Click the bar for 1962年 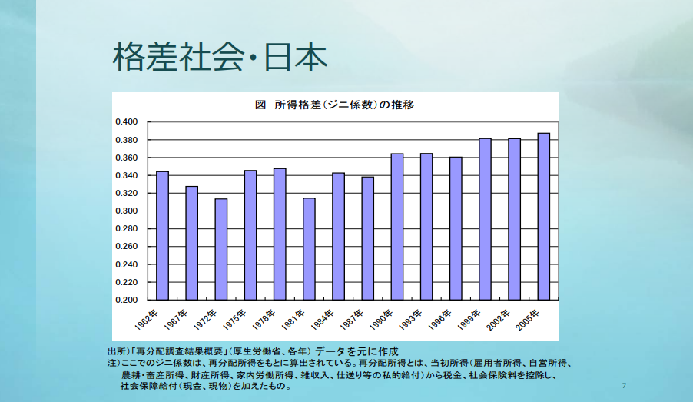(163, 236)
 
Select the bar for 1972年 (221, 250)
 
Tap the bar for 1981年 (309, 249)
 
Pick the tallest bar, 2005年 (544, 217)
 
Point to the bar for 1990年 (397, 227)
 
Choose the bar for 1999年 (486, 219)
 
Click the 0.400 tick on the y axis (127, 121)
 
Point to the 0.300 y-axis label (127, 211)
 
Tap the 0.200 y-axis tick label (127, 300)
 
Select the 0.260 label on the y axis (127, 246)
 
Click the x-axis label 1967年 (175, 320)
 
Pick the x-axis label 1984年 (322, 320)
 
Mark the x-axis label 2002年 (498, 320)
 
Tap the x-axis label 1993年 (410, 320)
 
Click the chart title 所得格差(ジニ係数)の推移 (344, 105)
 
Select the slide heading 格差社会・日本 (220, 57)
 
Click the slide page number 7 (624, 386)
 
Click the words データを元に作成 (356, 351)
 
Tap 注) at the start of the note (114, 363)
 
